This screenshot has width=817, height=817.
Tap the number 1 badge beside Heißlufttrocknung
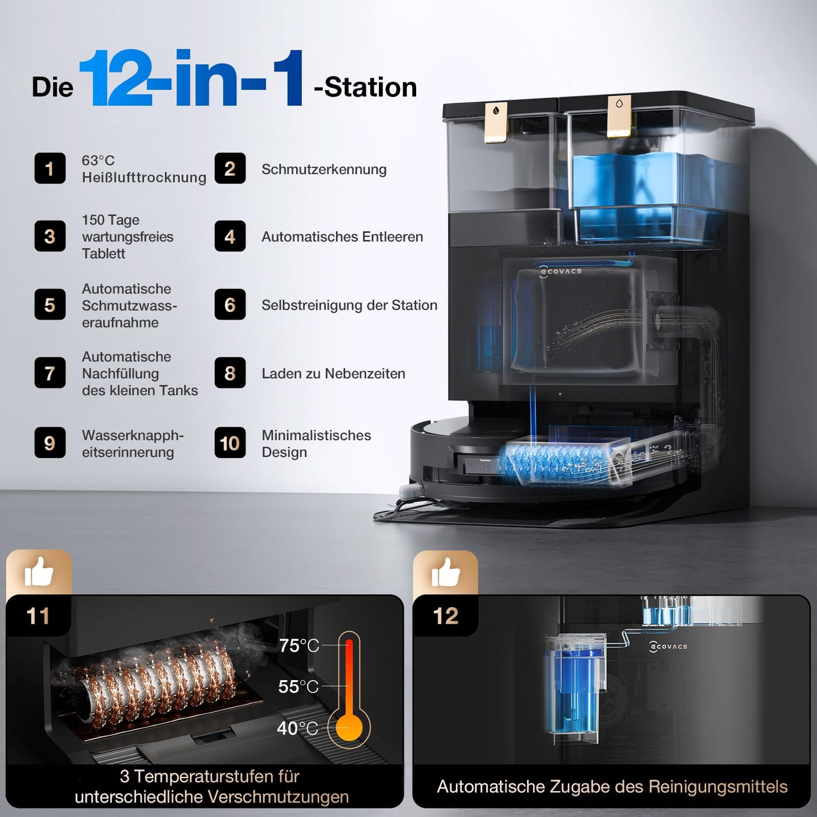pyautogui.click(x=50, y=168)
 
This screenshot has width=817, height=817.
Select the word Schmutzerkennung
pyautogui.click(x=324, y=170)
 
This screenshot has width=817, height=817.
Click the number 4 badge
pyautogui.click(x=230, y=236)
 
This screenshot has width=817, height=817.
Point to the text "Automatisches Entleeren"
pyautogui.click(x=342, y=237)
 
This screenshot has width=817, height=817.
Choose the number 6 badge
pyautogui.click(x=230, y=305)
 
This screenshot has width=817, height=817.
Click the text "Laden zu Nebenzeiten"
pyautogui.click(x=333, y=374)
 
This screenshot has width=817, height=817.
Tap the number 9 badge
pyautogui.click(x=50, y=443)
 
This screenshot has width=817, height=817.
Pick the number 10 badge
pyautogui.click(x=230, y=443)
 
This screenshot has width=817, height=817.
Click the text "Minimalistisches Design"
pyautogui.click(x=316, y=444)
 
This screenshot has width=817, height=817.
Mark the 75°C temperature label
pyautogui.click(x=299, y=645)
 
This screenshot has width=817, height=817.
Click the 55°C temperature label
pyautogui.click(x=298, y=686)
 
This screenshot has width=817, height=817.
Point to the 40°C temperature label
pyautogui.click(x=297, y=728)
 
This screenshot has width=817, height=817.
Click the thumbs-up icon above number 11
pyautogui.click(x=38, y=573)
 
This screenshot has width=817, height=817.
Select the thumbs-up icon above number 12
pyautogui.click(x=446, y=573)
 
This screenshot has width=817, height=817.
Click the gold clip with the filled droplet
pyautogui.click(x=496, y=121)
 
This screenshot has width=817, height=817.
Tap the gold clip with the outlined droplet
pyautogui.click(x=619, y=115)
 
